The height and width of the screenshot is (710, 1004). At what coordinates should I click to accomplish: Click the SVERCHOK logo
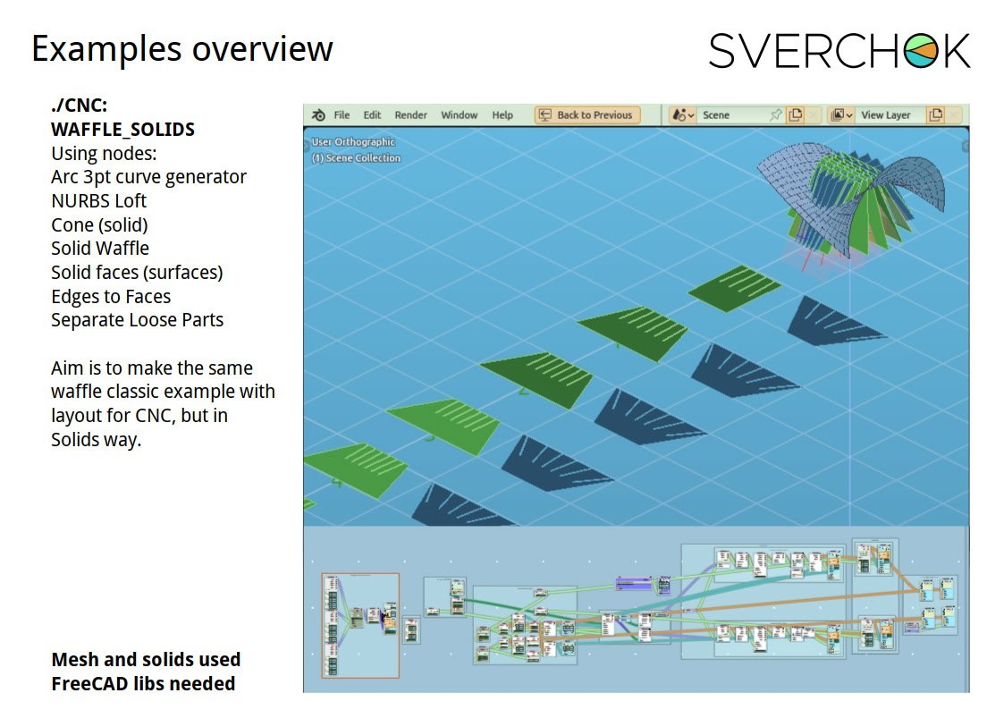pos(839,51)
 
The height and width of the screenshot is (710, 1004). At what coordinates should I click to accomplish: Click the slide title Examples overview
pos(182,48)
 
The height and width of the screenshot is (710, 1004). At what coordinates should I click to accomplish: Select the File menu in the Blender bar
pos(342,115)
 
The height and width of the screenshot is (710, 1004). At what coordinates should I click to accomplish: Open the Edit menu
pos(372,115)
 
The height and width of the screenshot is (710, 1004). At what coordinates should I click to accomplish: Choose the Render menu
pos(410,115)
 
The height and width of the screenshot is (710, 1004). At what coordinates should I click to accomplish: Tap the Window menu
pos(460,115)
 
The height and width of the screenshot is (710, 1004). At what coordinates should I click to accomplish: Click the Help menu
pos(502,115)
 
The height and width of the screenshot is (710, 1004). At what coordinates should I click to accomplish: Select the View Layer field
pos(885,115)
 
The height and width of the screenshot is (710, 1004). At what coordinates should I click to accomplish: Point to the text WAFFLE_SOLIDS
pos(122,130)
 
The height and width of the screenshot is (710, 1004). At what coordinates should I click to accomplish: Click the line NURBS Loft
pos(98,201)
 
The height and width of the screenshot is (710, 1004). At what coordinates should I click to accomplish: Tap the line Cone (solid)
pos(99,225)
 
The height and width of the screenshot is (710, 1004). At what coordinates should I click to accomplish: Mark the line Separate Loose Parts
pos(137,320)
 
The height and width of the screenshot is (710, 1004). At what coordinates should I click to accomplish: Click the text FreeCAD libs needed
pos(143,684)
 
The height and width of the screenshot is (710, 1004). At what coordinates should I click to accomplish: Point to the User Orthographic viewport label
pos(353,142)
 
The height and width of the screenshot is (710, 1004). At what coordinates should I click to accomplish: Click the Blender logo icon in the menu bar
pos(318,115)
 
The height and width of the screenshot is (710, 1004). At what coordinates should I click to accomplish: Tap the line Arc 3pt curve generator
pos(148,177)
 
